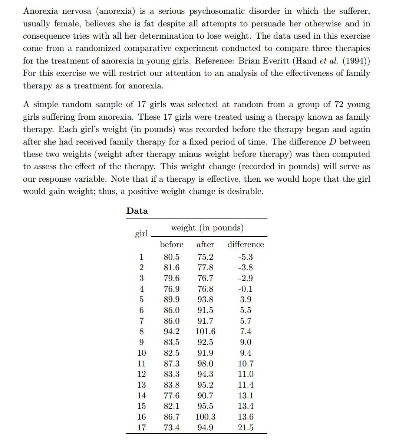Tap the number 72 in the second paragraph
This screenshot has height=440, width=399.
pos(339,104)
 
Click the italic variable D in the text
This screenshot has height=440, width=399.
pos(332,142)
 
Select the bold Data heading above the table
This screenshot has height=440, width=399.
pos(137,211)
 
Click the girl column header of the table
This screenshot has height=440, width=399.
pos(141,233)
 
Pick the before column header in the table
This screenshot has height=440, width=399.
pos(172,245)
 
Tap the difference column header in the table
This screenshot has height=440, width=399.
pos(245,245)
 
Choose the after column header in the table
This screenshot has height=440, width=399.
pos(205,245)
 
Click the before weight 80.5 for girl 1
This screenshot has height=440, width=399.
pos(172,257)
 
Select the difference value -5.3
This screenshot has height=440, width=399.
pos(245,257)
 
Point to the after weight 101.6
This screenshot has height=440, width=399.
pos(205,331)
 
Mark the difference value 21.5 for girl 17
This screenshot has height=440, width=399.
pos(245,428)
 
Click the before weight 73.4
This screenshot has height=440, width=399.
pos(172,428)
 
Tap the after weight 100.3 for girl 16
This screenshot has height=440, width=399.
pos(205,417)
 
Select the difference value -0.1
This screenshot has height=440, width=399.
pos(245,289)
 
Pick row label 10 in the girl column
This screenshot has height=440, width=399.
pos(141,353)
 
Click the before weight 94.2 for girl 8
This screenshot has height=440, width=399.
pos(172,331)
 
